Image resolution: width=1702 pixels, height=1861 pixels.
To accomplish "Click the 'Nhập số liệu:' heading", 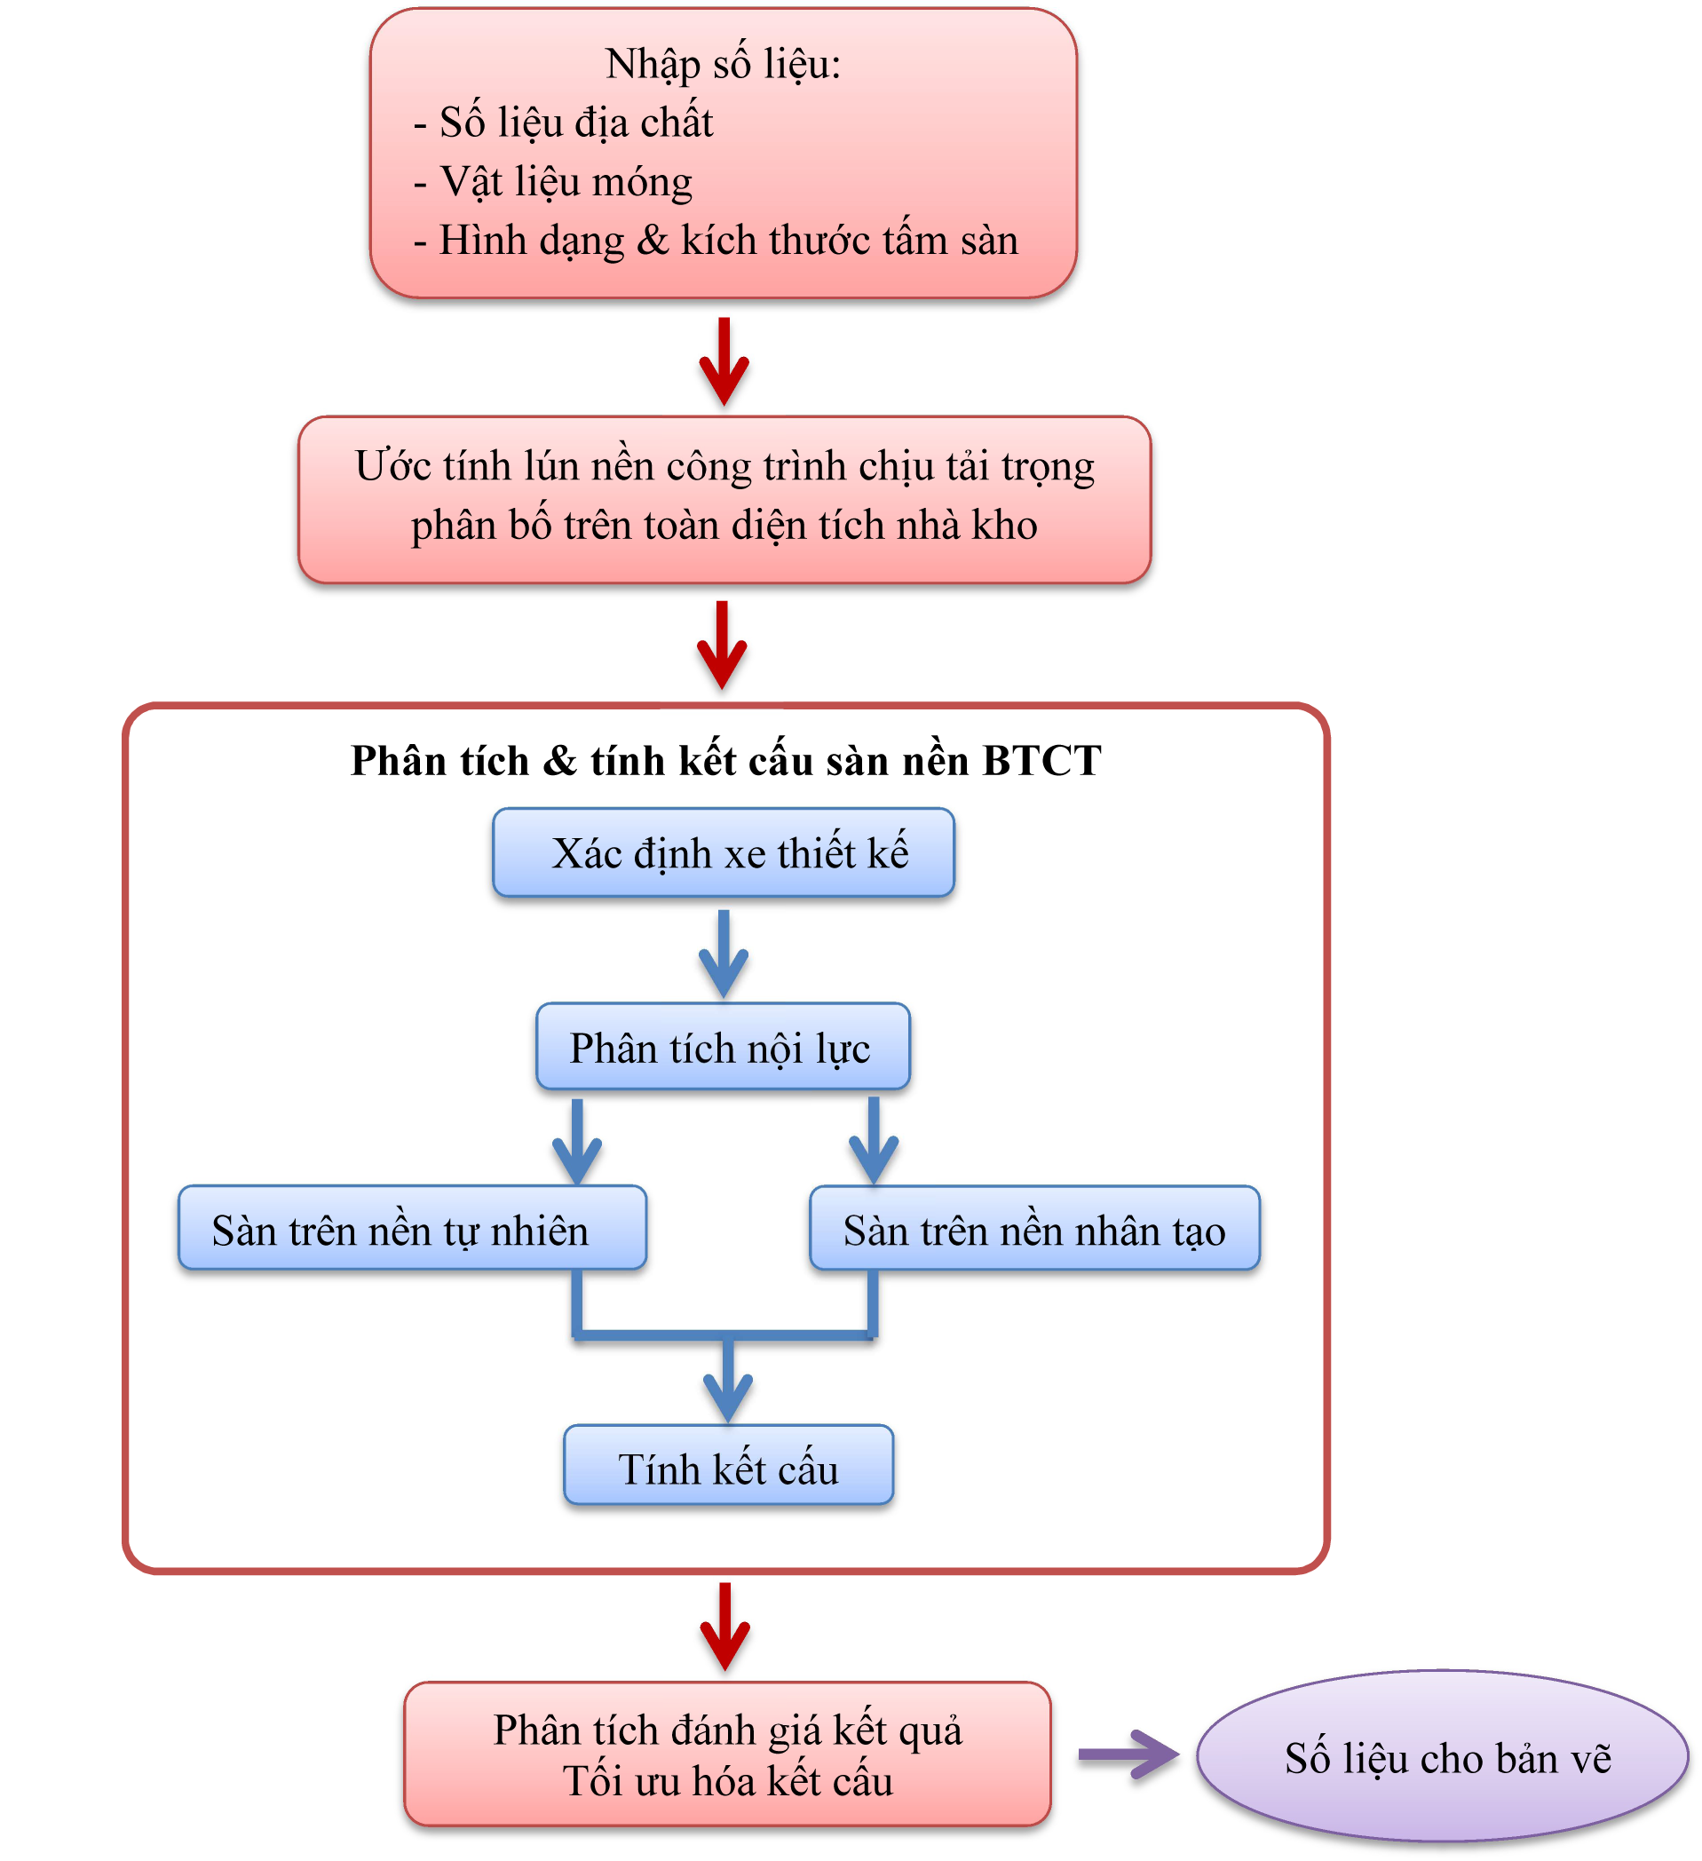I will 723,65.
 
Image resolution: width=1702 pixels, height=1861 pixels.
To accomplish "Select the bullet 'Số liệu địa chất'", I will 575,123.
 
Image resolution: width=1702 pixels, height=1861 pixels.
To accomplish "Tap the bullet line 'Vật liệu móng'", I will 565,182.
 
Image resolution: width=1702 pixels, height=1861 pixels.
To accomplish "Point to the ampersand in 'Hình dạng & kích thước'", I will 653,241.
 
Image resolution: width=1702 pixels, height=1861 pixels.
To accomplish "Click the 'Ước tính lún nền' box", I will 724,499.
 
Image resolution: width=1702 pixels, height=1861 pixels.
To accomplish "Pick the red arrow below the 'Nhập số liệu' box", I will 724,362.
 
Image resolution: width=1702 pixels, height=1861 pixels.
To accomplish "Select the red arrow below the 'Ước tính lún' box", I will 722,645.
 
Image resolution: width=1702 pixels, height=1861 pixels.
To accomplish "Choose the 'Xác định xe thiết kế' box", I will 724,853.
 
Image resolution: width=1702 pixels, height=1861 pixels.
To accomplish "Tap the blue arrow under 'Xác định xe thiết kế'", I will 724,954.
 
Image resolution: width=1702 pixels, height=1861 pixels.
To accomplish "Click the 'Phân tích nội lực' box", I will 723,1048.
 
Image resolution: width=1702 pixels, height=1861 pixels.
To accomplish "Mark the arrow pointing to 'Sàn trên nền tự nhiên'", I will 578,1142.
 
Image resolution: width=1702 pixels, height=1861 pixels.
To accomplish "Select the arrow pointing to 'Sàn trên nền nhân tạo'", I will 873,1142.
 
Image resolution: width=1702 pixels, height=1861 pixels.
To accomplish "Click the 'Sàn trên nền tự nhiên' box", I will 412,1230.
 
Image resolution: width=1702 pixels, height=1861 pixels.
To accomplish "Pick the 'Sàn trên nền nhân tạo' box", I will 1034,1230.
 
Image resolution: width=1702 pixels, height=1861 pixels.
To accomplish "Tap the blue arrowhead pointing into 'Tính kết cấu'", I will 728,1394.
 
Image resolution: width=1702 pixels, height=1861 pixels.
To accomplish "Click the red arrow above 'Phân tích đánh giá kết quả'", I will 725,1627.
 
